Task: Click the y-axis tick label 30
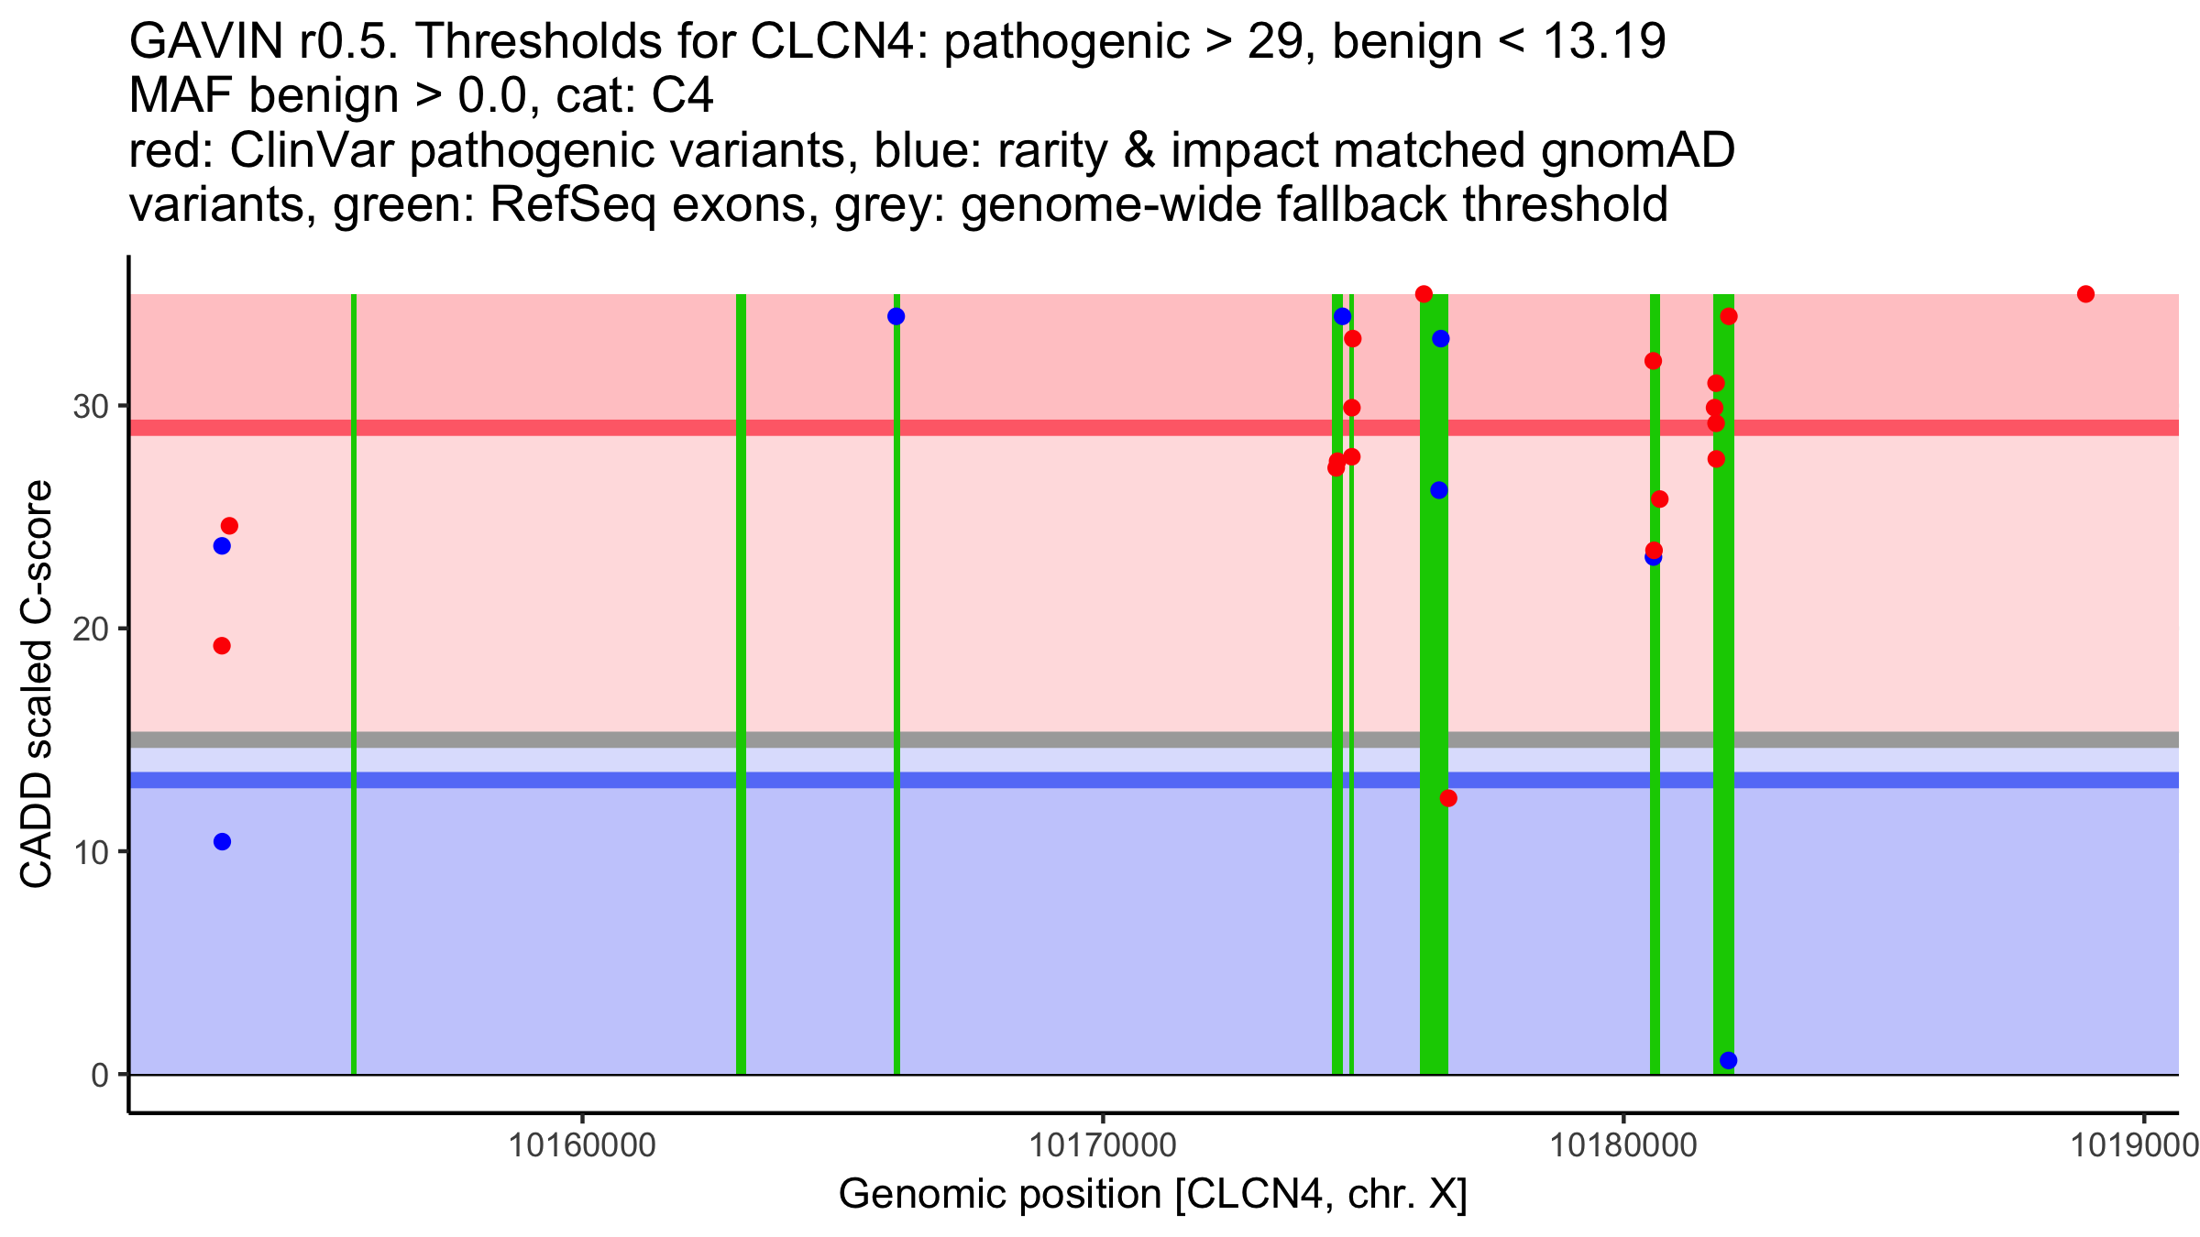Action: point(91,406)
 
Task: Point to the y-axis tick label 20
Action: point(91,629)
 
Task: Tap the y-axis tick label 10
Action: point(91,852)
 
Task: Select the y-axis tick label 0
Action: point(100,1075)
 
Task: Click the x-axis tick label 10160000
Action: point(582,1145)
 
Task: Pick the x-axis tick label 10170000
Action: point(1103,1145)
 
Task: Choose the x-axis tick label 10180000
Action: point(1623,1145)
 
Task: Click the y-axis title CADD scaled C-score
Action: point(37,684)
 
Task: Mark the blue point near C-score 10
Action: point(222,842)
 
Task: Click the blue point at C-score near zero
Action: point(1728,1061)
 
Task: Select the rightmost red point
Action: point(2085,294)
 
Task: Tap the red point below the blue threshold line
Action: point(1448,799)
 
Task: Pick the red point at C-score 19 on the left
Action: point(222,646)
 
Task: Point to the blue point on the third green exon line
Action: point(896,317)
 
